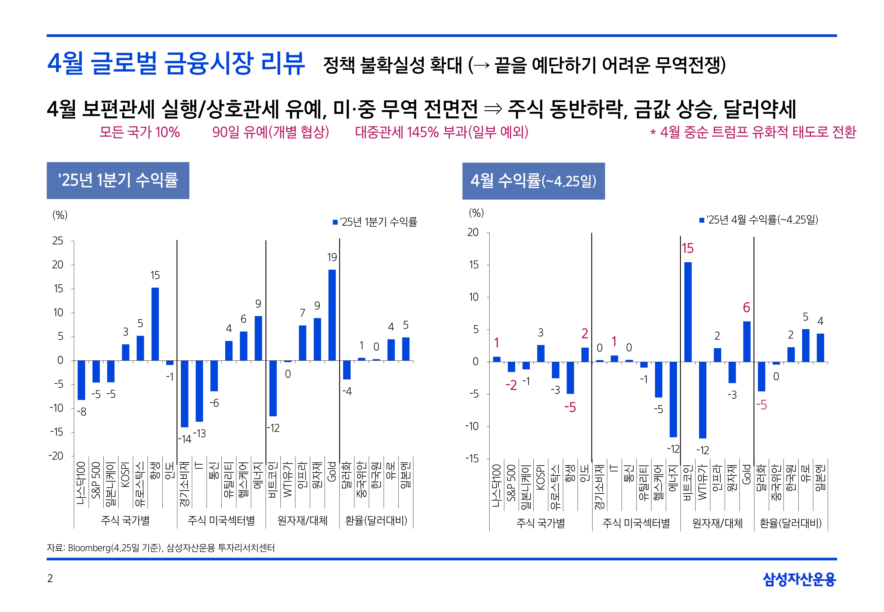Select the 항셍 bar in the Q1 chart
click(x=155, y=324)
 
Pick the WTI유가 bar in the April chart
click(x=702, y=400)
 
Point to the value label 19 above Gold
click(x=332, y=257)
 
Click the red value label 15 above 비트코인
click(x=688, y=249)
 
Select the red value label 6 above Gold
click(x=746, y=308)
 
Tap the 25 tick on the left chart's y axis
click(x=58, y=241)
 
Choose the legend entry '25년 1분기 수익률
click(x=375, y=222)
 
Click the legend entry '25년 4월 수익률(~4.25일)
click(x=758, y=220)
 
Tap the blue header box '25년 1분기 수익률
click(x=118, y=180)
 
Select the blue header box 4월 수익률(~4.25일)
click(x=533, y=181)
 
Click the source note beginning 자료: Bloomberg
click(x=161, y=548)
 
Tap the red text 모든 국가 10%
click(x=140, y=132)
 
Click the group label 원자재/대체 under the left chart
click(x=302, y=520)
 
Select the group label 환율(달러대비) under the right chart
click(x=790, y=523)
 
